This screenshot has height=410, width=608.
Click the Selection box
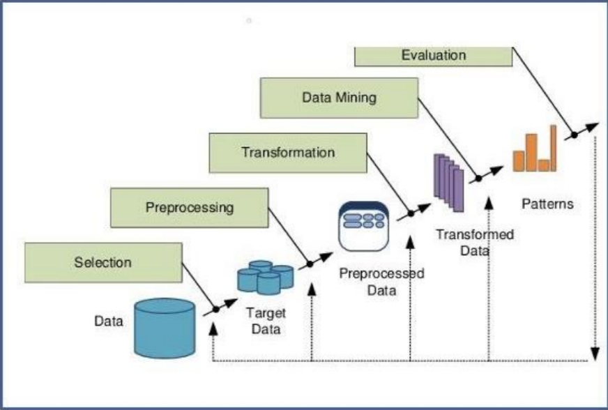[103, 262]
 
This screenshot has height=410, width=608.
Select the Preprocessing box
[189, 207]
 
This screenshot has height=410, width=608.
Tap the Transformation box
[288, 153]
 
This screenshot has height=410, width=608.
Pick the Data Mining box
[339, 98]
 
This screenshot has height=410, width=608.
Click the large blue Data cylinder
[164, 327]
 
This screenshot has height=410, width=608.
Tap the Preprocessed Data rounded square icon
[363, 226]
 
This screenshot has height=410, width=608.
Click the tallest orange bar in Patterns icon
[554, 148]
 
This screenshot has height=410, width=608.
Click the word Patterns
[547, 205]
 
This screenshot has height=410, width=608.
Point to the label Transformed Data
[475, 241]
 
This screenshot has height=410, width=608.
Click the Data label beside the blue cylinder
[109, 321]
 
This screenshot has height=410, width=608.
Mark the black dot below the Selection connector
[216, 308]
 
